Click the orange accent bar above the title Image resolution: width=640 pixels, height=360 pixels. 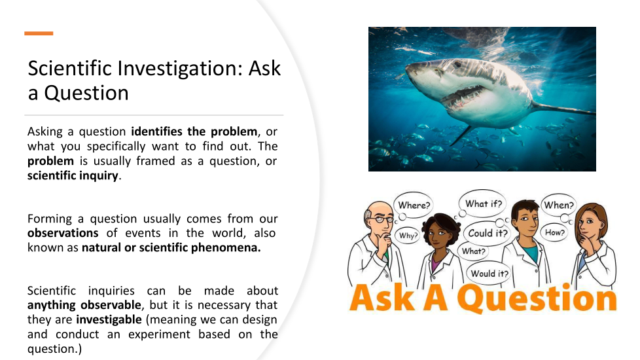click(39, 33)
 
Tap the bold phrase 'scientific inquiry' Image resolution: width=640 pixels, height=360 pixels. click(73, 175)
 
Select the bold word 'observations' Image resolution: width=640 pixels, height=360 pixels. click(63, 233)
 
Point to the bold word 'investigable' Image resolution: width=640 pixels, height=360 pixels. click(109, 319)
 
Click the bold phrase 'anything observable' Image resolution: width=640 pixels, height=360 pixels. click(84, 305)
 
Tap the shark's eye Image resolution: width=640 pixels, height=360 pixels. click(457, 64)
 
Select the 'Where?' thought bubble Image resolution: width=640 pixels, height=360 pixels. click(414, 205)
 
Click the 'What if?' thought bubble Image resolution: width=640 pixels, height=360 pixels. click(483, 204)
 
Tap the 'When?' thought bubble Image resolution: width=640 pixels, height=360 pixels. click(558, 205)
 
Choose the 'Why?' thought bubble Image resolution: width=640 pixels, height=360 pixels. click(408, 236)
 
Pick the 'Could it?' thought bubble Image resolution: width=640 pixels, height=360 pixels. click(488, 233)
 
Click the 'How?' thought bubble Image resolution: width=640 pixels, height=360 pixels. click(555, 232)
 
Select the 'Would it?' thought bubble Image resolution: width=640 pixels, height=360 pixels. click(489, 273)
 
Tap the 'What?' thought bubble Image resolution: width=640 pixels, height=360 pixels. click(474, 251)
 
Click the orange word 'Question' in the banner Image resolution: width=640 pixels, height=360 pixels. click(537, 298)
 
